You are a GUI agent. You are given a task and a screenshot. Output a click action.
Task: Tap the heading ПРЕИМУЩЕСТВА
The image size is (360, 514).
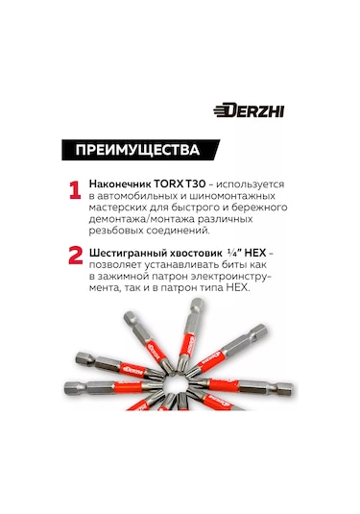(132, 150)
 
